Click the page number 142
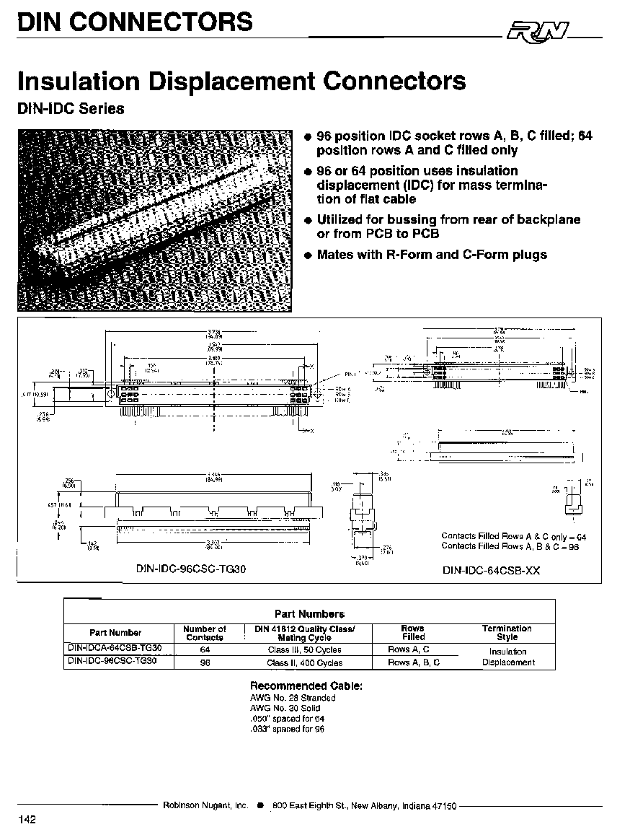coord(27,819)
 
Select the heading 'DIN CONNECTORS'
coord(135,22)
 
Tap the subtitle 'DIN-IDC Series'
coord(71,109)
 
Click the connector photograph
coord(156,220)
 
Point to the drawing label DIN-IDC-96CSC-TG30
coord(191,569)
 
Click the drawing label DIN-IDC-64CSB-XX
coord(491,570)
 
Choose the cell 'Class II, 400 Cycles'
coord(305,662)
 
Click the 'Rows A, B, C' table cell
coord(414,662)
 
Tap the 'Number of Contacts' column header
coord(205,633)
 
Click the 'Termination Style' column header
coord(507,633)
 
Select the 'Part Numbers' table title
coord(310,614)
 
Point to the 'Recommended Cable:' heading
coord(306,686)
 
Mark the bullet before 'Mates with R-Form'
coord(308,255)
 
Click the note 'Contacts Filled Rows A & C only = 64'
coord(514,536)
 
